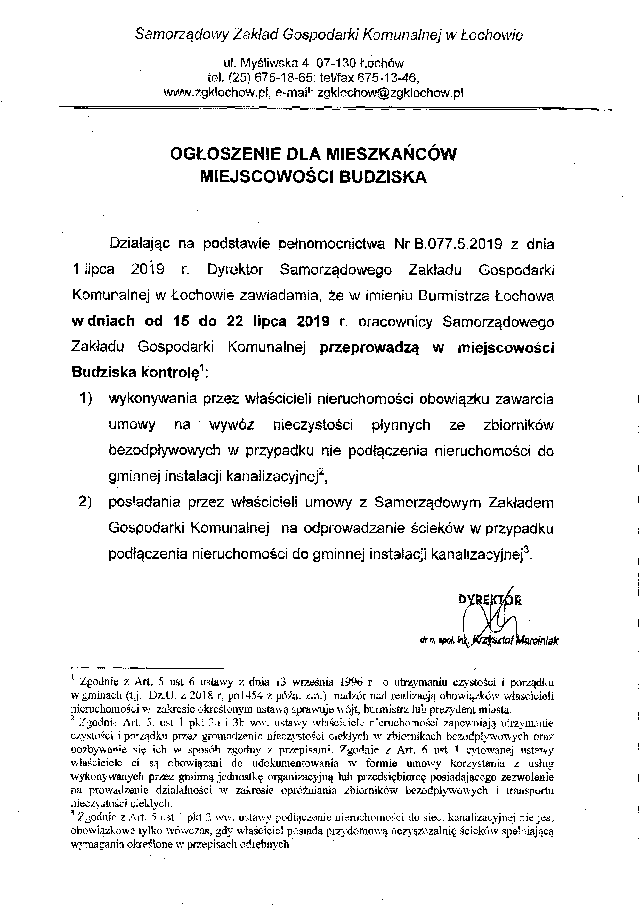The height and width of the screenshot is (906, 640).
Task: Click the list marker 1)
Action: click(x=86, y=399)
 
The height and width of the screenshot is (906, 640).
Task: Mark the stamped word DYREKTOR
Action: click(x=490, y=600)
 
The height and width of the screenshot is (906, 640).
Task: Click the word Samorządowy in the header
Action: click(x=182, y=35)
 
